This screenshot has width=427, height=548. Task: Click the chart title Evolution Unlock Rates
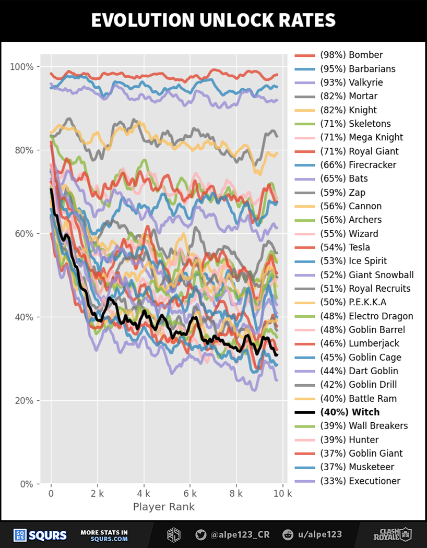pyautogui.click(x=213, y=20)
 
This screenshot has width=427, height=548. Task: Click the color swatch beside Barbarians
pyautogui.click(x=304, y=69)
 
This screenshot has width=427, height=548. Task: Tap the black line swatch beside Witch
pyautogui.click(x=304, y=412)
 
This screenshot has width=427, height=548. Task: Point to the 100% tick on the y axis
pyautogui.click(x=22, y=67)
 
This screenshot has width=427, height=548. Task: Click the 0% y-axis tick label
pyautogui.click(x=26, y=484)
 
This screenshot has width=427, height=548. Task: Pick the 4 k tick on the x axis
pyautogui.click(x=144, y=494)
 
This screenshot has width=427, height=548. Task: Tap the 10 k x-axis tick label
pyautogui.click(x=282, y=494)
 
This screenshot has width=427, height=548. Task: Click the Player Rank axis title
pyautogui.click(x=164, y=507)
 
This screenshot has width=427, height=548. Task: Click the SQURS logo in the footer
pyautogui.click(x=40, y=535)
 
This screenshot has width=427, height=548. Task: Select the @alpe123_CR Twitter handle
pyautogui.click(x=233, y=534)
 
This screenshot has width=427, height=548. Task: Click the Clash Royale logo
pyautogui.click(x=392, y=534)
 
